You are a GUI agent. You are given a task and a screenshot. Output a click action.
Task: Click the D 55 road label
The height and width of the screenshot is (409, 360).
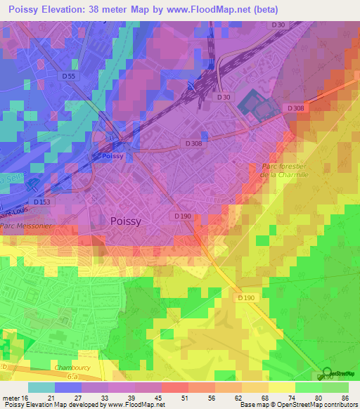click(x=68, y=76)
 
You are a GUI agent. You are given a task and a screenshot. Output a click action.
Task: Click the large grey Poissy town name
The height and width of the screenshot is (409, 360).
click(x=126, y=221)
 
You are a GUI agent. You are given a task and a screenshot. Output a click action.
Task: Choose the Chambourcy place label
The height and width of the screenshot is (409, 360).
click(x=73, y=368)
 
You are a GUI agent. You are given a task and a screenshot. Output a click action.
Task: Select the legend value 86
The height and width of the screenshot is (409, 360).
click(x=345, y=397)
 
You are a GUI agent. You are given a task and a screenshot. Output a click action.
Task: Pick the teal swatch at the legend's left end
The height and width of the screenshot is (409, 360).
click(x=41, y=387)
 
